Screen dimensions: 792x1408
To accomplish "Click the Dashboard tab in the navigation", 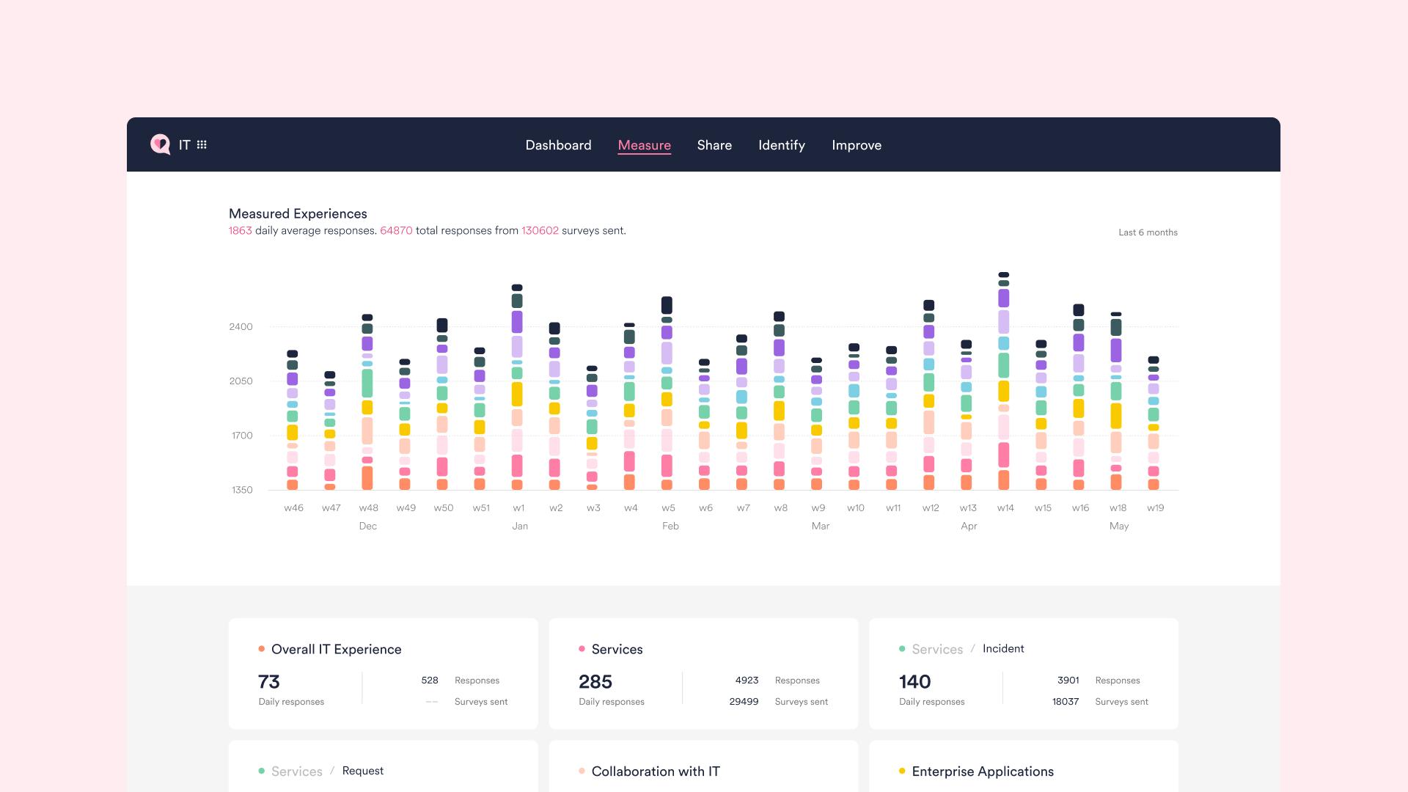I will (558, 145).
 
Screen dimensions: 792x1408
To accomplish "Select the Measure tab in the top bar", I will (644, 145).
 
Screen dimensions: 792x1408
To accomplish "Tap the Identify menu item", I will (781, 145).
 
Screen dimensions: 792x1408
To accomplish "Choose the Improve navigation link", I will (856, 145).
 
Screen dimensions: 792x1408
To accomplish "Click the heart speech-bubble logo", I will (160, 144).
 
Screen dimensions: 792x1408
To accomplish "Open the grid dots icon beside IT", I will (202, 144).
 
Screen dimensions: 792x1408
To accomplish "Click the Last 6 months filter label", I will (1147, 232).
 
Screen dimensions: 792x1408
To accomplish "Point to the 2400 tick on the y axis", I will (241, 327).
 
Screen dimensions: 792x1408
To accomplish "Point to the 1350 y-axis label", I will (242, 490).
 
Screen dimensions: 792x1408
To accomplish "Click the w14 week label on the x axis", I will (1005, 507).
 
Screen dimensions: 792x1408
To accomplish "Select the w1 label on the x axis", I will (518, 507).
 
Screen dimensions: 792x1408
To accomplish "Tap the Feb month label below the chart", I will (670, 526).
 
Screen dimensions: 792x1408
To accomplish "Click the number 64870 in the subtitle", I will (396, 230).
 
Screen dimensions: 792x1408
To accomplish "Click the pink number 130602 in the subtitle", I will (540, 230).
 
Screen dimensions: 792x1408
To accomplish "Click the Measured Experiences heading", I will (298, 213).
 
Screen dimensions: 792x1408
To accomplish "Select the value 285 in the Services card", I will (595, 682).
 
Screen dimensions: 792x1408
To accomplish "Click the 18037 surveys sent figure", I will (1065, 702).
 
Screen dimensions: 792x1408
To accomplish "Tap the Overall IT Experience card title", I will (336, 649).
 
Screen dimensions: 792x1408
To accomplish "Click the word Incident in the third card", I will (1002, 648).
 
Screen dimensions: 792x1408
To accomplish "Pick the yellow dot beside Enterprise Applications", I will (901, 771).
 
